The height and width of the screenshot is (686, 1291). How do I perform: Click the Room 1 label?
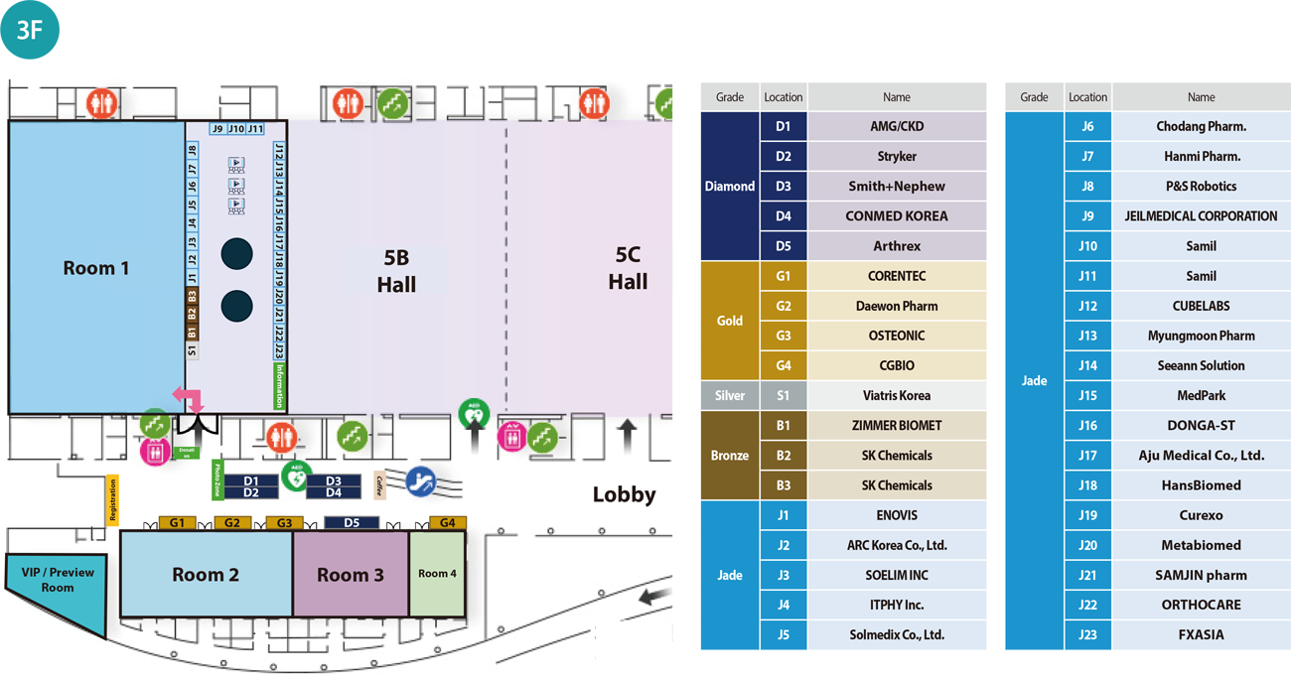[96, 268]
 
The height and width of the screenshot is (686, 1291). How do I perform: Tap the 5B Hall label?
[396, 271]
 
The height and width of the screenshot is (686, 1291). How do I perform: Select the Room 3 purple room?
[350, 575]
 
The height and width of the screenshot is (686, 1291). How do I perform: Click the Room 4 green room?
[437, 573]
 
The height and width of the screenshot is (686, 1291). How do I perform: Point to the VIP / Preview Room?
[58, 581]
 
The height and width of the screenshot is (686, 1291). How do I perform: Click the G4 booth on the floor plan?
[447, 522]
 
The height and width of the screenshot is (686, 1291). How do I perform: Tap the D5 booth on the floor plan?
[352, 522]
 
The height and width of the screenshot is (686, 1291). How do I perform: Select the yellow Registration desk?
[112, 499]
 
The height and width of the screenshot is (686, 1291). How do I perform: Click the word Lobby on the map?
[624, 494]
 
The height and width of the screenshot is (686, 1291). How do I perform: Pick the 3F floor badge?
[31, 30]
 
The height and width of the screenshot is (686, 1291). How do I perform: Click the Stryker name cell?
[896, 156]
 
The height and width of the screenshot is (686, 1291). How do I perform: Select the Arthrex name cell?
[896, 246]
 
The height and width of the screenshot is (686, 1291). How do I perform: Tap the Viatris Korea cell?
[896, 395]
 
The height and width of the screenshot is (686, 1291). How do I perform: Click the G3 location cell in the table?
[783, 336]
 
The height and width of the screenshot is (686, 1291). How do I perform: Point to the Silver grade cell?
[730, 395]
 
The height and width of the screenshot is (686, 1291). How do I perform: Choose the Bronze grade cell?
[730, 455]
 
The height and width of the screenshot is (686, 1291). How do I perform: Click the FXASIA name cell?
[1201, 634]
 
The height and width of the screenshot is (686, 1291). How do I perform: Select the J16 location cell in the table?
[1087, 425]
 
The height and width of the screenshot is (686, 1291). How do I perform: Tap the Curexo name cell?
[1201, 515]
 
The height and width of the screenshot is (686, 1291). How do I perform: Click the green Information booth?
[280, 386]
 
